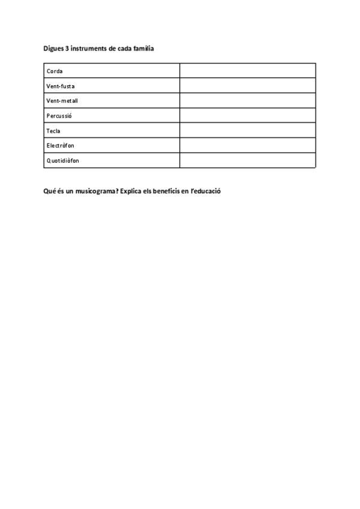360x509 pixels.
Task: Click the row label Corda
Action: coord(55,71)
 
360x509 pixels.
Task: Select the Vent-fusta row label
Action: coord(61,86)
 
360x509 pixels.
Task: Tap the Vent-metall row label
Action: coord(62,101)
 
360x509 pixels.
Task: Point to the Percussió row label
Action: coord(59,116)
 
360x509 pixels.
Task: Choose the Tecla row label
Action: coord(53,131)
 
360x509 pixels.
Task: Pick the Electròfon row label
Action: coord(61,146)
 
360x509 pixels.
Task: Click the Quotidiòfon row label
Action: coord(63,160)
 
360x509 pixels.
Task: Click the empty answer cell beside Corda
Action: coord(247,71)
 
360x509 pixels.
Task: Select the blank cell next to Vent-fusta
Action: coord(247,86)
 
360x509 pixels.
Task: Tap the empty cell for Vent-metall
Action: coord(247,101)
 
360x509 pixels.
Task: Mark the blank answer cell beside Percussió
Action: coord(247,116)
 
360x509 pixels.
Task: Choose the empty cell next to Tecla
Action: coord(247,130)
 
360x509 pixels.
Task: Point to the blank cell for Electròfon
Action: coord(247,145)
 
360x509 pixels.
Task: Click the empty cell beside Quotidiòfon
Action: coord(247,160)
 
